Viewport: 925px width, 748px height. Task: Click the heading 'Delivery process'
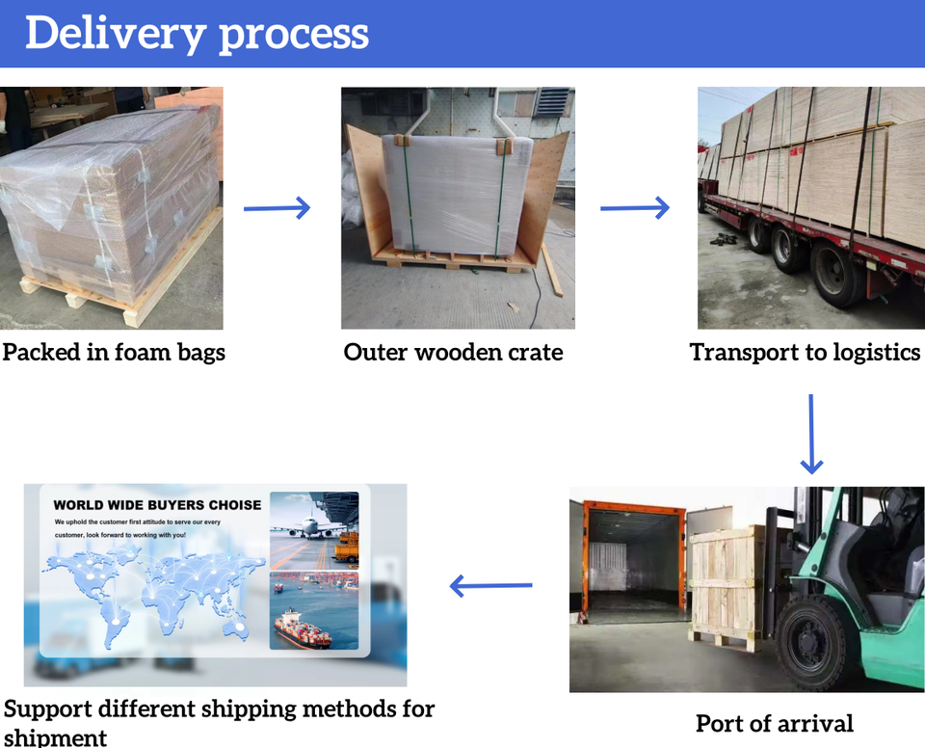point(197,33)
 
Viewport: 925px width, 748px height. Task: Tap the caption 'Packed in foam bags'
point(114,352)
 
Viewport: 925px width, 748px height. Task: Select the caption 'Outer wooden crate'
point(453,352)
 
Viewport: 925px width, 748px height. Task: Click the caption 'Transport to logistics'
point(806,352)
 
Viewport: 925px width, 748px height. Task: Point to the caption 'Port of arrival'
point(775,723)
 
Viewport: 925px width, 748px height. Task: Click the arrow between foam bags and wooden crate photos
point(277,207)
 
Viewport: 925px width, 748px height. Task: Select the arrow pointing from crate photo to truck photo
point(634,207)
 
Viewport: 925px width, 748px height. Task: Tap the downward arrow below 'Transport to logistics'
point(811,434)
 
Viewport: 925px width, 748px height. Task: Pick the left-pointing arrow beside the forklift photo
point(491,584)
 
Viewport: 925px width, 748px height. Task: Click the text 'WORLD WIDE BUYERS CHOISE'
point(157,504)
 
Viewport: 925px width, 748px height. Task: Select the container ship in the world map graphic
point(303,629)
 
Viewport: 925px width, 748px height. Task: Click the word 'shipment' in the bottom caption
point(55,737)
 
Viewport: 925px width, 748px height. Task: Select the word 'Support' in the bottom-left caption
point(49,710)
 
